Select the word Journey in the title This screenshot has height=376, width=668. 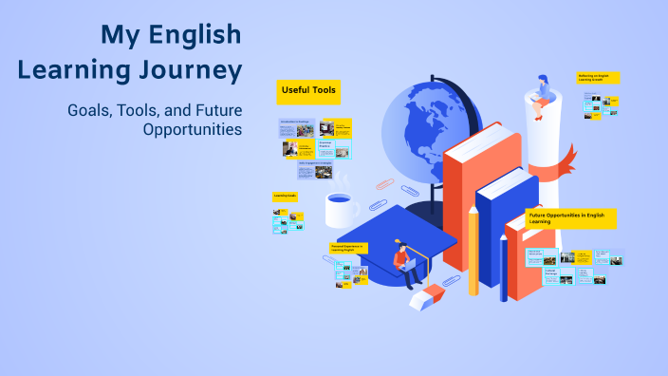[188, 70]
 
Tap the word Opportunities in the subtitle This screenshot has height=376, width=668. [193, 129]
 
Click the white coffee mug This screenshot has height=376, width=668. [339, 211]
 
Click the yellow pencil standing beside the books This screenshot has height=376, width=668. [473, 251]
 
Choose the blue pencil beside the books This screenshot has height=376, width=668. [503, 267]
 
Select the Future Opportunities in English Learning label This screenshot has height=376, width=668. [570, 218]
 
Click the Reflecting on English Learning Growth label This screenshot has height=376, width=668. [598, 78]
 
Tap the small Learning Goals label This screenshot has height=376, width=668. [285, 196]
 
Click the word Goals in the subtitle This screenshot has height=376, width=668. [88, 110]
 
